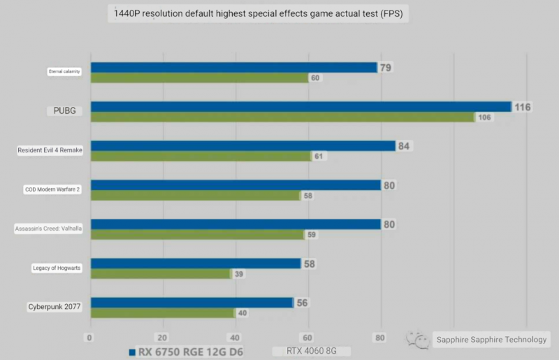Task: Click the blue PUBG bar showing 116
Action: (300, 107)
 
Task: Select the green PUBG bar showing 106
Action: (282, 117)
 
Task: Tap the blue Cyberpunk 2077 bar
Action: (191, 303)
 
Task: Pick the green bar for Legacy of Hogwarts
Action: (161, 274)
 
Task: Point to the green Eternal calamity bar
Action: (199, 78)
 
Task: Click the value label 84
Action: (404, 146)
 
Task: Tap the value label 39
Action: (239, 275)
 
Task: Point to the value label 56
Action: (302, 303)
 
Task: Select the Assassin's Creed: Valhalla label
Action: (49, 229)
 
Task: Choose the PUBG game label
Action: (64, 110)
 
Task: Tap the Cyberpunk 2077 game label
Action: (54, 307)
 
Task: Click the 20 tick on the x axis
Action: (163, 338)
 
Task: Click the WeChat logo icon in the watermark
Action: (417, 340)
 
